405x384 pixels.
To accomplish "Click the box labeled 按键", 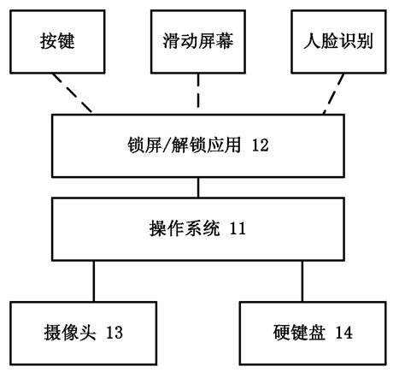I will [56, 41].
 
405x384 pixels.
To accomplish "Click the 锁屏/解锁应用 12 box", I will [198, 145].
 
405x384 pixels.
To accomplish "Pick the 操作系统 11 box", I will [198, 228].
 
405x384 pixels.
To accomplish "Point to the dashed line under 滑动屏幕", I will [198, 92].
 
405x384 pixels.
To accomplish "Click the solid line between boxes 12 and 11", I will [198, 186].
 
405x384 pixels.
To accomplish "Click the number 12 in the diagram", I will [261, 146].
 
